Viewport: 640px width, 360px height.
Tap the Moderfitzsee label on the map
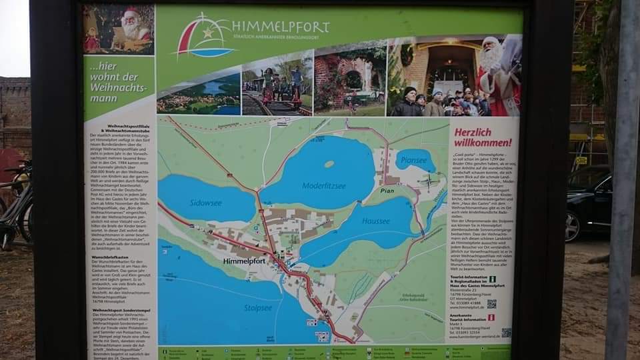pyautogui.click(x=325, y=186)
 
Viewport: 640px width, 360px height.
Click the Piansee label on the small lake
pyautogui.click(x=415, y=160)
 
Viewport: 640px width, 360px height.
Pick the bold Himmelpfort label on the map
pyautogui.click(x=245, y=261)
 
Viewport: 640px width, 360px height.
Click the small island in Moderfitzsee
pyautogui.click(x=329, y=163)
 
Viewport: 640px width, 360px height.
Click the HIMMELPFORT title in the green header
pyautogui.click(x=280, y=27)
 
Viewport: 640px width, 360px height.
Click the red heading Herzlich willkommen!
pyautogui.click(x=483, y=137)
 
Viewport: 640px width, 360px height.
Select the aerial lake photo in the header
pyautogui.click(x=198, y=93)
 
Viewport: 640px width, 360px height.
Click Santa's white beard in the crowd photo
pyautogui.click(x=491, y=61)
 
